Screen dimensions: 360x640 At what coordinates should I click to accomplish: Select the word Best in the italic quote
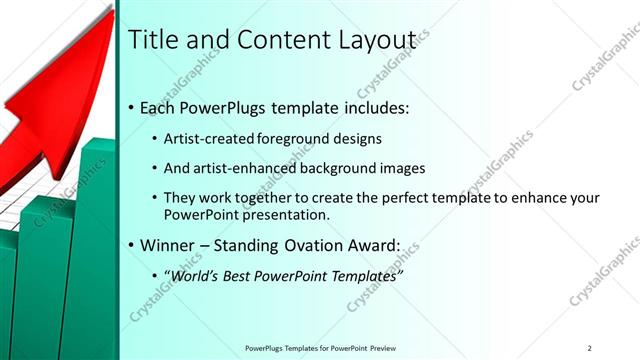point(240,274)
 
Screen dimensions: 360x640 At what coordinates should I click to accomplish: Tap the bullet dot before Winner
point(132,244)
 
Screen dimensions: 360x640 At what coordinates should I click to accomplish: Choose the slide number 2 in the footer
point(590,348)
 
